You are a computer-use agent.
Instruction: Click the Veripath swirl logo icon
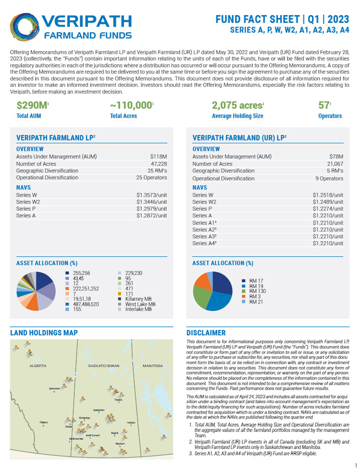26,27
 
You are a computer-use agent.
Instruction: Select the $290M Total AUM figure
32,105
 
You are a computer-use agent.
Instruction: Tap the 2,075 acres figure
238,105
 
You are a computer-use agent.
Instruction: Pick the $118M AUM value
158,157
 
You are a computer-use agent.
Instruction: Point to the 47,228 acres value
158,164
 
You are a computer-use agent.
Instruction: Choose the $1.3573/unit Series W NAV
151,195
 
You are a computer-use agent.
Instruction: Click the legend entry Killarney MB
132,298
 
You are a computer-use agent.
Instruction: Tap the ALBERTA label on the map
38,366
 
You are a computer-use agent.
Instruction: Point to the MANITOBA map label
153,366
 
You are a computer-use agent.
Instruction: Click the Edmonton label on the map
54,388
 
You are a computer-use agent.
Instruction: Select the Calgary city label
44,422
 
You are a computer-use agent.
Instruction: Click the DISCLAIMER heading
206,333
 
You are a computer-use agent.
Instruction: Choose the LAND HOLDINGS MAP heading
44,333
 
